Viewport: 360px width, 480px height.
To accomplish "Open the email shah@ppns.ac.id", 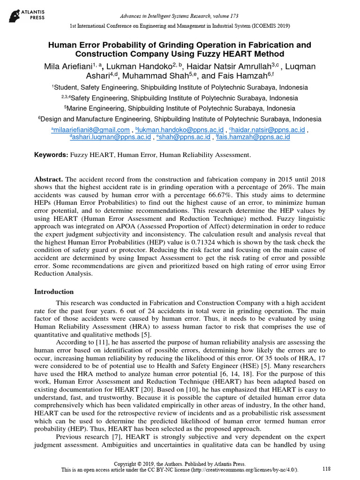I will pos(184,137).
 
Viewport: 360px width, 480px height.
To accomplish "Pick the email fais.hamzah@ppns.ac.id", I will pos(252,137).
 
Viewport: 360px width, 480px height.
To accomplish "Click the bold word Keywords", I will pos(51,155).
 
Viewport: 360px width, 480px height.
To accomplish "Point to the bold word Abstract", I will pos(48,180).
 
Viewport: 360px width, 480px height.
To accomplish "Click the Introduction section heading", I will pos(54,292).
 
